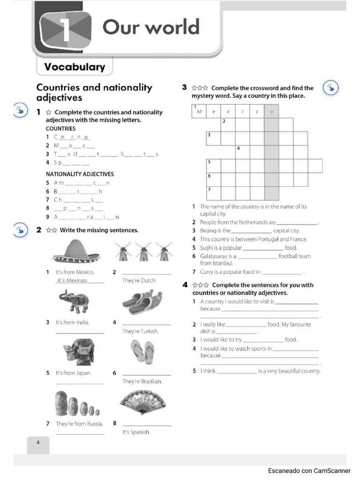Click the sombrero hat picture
click(75, 251)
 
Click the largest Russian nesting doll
click(61, 403)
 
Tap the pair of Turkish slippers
click(142, 302)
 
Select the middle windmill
click(143, 252)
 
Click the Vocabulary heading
click(75, 67)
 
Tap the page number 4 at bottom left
click(38, 442)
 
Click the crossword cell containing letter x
click(228, 112)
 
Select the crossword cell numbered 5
click(213, 166)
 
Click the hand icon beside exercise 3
click(331, 88)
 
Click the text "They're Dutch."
click(139, 280)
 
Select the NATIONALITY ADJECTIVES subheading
click(80, 174)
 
